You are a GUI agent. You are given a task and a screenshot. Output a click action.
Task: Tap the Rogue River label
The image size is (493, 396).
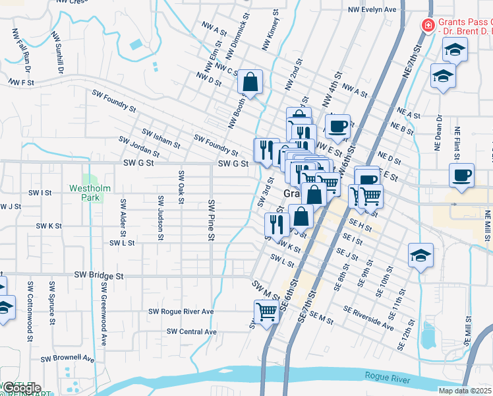(x=388, y=379)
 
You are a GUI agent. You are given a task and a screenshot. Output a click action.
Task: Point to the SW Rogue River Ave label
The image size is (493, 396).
(x=181, y=312)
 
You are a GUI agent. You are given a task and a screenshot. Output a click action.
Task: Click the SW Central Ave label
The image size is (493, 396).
(x=192, y=331)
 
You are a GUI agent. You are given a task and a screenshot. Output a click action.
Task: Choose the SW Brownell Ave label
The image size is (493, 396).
(x=68, y=358)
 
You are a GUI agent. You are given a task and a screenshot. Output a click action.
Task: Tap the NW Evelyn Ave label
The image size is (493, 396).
(x=372, y=10)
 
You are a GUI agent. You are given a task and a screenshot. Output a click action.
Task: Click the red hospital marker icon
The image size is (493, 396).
(x=428, y=26)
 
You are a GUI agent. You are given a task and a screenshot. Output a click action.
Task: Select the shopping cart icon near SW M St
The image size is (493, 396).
(x=266, y=312)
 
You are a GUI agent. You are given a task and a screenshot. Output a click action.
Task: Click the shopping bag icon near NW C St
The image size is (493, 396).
(x=250, y=82)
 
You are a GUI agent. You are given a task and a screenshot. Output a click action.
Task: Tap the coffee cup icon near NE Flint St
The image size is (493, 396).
(x=461, y=176)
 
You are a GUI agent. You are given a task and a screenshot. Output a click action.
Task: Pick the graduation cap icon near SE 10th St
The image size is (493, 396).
(x=420, y=255)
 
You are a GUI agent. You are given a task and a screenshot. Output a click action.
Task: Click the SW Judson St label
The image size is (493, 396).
(x=160, y=217)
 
